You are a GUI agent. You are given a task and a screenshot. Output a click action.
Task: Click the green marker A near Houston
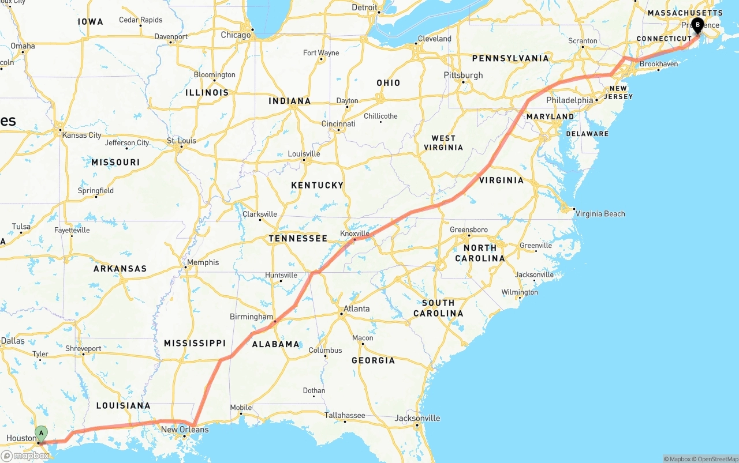coord(41,433)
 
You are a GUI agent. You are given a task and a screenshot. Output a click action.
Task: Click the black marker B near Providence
coord(697,25)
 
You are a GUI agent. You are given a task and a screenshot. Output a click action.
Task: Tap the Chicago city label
coord(236,35)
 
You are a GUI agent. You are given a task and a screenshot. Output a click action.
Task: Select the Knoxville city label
coord(354,234)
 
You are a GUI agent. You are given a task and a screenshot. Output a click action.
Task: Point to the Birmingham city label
coord(251,317)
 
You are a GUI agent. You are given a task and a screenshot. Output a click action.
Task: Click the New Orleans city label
coord(185,430)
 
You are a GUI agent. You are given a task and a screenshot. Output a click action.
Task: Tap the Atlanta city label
coord(356,309)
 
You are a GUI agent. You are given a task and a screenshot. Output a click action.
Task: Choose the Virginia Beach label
coord(600,214)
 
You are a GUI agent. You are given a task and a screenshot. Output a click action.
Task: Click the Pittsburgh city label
coord(463,76)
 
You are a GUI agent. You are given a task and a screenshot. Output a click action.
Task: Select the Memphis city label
coord(203,262)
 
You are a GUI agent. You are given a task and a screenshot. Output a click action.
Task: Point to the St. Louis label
coord(181,141)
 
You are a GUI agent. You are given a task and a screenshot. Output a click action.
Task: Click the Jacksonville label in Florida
coord(417,419)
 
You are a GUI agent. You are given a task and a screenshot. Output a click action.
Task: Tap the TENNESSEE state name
coord(298,239)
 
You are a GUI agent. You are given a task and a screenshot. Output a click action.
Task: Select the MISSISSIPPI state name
coord(195,344)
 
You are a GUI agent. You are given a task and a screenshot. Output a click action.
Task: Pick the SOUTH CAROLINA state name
coord(438,308)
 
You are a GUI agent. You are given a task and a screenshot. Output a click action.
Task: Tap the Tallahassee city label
coord(344,415)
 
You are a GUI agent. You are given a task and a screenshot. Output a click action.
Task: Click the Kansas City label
coord(82,135)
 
